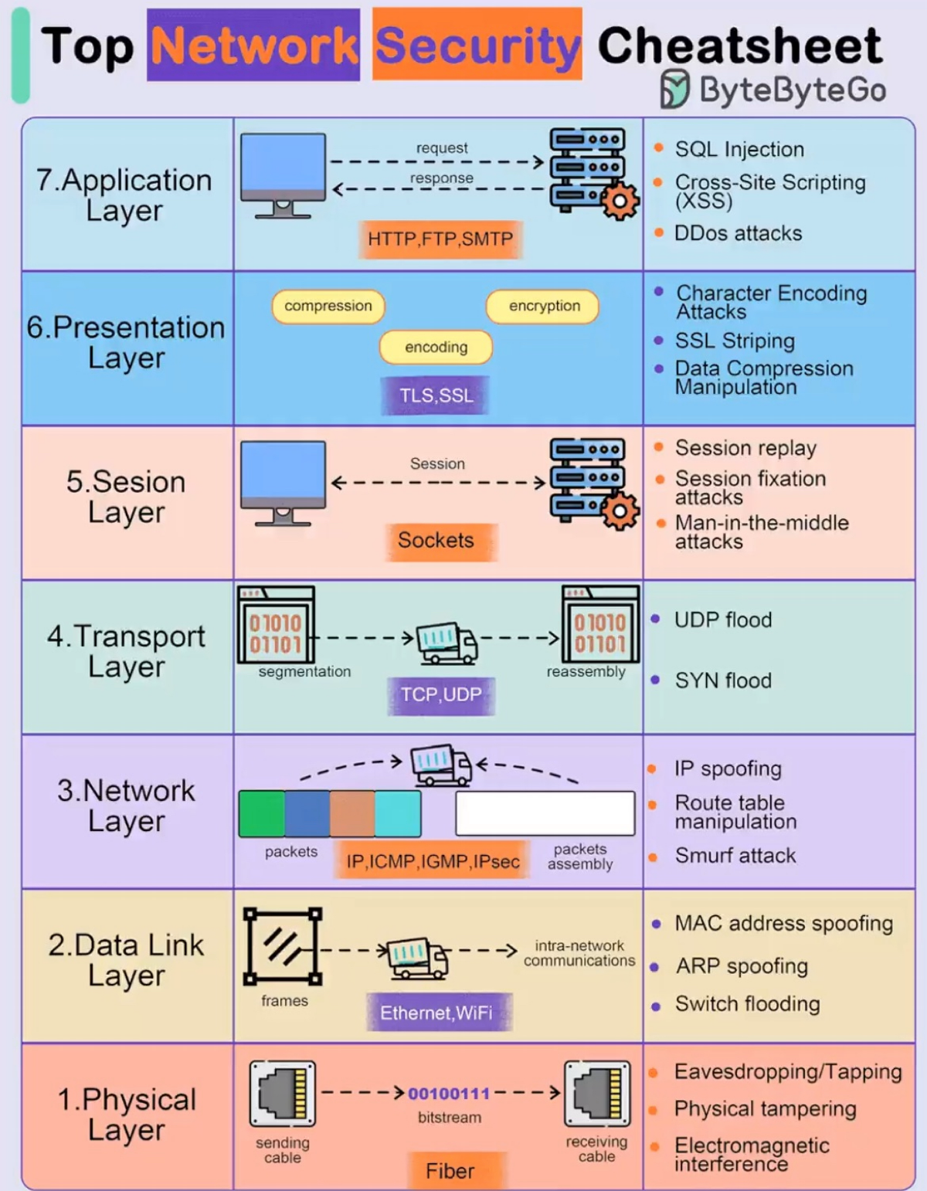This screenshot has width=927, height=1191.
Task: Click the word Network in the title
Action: pos(254,46)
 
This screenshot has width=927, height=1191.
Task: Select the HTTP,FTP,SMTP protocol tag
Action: pos(440,239)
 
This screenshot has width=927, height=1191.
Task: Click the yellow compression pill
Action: pos(328,306)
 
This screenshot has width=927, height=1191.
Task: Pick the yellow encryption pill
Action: pos(542,306)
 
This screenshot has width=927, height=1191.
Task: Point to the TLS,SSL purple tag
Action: pos(436,395)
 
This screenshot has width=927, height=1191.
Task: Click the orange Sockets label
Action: pos(436,541)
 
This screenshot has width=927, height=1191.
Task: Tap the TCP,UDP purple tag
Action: pos(441,695)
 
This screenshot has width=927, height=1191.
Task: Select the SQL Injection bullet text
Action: pos(739,150)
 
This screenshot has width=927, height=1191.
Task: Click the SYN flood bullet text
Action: pos(723,680)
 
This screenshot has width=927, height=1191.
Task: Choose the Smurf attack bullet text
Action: pos(735,856)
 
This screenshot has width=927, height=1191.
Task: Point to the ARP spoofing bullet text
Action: pos(742,966)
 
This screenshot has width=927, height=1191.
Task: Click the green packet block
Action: pos(262,814)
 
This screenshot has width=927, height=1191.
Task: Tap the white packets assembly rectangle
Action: pos(545,813)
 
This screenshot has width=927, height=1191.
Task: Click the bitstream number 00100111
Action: pos(449,1094)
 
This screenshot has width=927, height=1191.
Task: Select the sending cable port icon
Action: pos(282,1093)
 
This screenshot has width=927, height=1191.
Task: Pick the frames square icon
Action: pos(282,947)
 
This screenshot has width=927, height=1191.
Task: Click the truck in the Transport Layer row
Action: pos(447,643)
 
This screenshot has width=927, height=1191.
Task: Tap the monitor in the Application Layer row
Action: pos(283,175)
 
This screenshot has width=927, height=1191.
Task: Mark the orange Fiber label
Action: pos(450,1171)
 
